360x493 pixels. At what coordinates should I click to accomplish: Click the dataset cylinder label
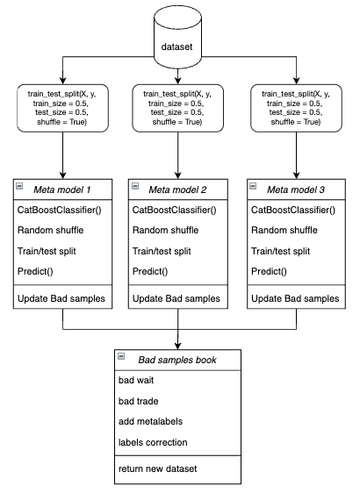click(176, 46)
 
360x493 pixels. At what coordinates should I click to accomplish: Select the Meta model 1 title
click(61, 189)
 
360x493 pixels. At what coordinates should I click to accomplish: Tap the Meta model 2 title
click(177, 189)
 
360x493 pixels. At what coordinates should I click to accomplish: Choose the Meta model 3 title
click(296, 189)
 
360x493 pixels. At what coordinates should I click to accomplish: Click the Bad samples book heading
click(177, 360)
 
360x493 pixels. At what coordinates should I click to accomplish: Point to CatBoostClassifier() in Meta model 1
click(60, 210)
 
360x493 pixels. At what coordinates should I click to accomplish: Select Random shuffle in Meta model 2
click(166, 230)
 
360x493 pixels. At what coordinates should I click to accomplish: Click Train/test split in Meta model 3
click(280, 251)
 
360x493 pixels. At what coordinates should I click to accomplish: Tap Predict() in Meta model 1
click(35, 271)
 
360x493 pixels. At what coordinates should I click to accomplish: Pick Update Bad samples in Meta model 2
click(176, 298)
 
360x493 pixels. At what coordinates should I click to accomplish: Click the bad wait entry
click(136, 380)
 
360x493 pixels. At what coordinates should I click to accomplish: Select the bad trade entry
click(138, 401)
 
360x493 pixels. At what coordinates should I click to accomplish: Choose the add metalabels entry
click(150, 421)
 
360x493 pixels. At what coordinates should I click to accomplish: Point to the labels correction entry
click(153, 442)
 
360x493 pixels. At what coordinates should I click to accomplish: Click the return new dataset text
click(157, 468)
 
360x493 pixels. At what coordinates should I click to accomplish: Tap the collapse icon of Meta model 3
click(253, 186)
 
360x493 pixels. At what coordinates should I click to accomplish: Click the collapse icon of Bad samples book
click(121, 356)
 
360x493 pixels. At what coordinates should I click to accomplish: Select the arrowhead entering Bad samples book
click(177, 346)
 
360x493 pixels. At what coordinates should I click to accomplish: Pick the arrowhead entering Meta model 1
click(63, 175)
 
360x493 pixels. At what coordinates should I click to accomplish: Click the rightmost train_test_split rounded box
click(296, 108)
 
